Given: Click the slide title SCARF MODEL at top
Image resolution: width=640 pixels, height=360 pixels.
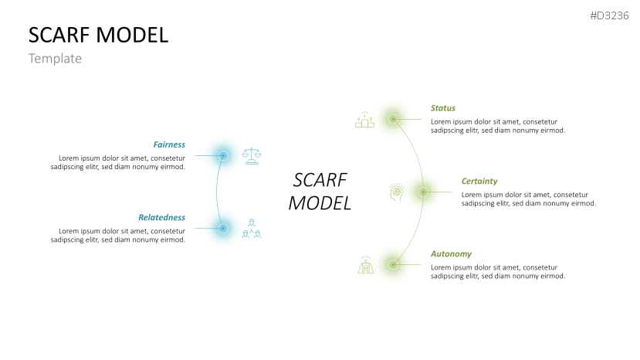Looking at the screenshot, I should [98, 35].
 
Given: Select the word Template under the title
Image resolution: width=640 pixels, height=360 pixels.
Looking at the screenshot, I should [55, 59].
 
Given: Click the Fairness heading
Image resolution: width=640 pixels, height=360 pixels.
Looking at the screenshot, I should [169, 144].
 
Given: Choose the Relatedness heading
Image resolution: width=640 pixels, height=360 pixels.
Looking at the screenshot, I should [161, 217].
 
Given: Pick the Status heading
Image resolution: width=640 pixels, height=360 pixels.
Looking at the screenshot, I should [443, 108].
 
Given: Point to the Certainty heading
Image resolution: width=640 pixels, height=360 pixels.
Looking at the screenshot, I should [479, 181].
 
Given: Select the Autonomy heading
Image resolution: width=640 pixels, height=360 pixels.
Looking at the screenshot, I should [451, 253].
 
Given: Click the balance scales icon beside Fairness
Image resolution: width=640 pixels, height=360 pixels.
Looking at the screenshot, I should [252, 155].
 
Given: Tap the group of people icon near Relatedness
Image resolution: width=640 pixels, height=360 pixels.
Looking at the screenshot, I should [252, 228].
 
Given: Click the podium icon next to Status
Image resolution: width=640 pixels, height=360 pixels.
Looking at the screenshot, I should [364, 119].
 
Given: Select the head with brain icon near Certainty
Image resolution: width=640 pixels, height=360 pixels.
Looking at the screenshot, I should [395, 192].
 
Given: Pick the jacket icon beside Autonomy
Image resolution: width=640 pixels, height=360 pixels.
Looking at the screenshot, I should [365, 265].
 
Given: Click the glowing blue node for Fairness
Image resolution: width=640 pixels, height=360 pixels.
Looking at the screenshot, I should [223, 155].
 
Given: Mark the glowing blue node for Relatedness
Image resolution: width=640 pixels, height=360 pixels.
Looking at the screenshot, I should [223, 228].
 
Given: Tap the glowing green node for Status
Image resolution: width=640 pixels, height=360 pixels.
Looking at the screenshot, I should [393, 119].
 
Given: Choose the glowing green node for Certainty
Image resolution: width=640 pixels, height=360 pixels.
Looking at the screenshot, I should [423, 192].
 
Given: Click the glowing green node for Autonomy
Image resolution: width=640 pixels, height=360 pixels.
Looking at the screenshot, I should [393, 264].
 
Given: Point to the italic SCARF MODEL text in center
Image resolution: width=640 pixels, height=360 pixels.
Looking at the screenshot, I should [320, 192].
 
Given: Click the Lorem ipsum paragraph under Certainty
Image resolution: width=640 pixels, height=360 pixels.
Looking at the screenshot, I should [528, 199].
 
